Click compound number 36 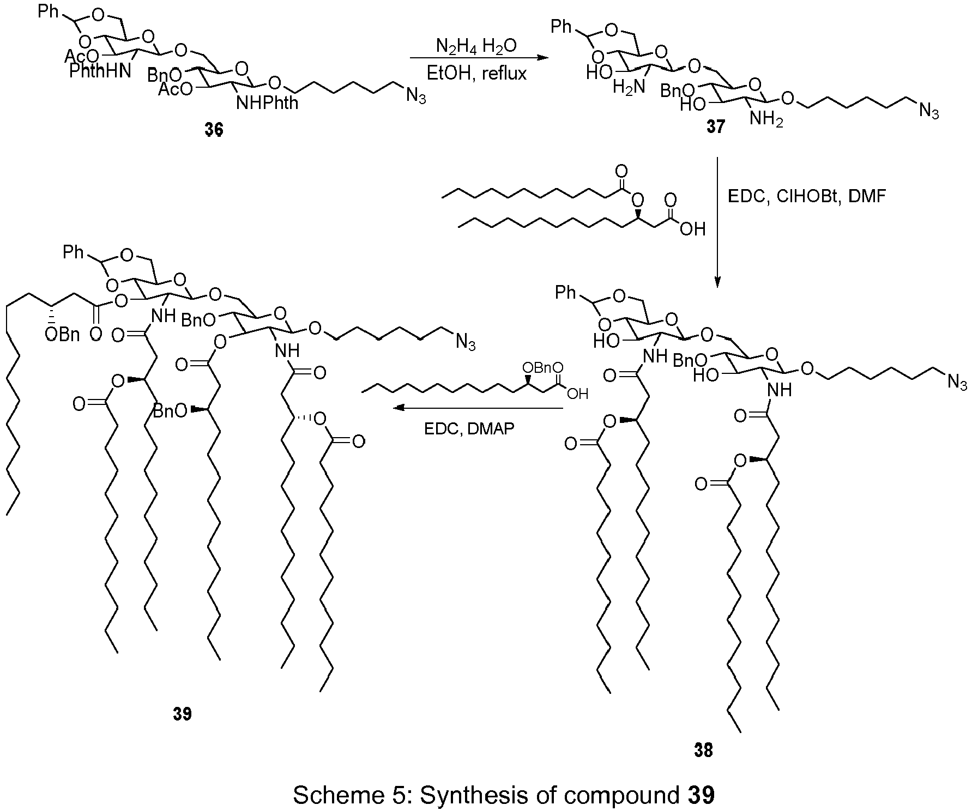[x=214, y=131]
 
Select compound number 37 [x=716, y=126]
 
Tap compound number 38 [x=703, y=751]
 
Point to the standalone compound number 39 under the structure [x=183, y=714]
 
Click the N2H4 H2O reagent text [x=476, y=47]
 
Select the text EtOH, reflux [x=477, y=72]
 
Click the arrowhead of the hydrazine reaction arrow [x=541, y=57]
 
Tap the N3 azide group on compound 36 [x=415, y=98]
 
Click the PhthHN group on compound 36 [x=100, y=71]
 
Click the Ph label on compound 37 [x=562, y=26]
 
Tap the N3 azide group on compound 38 [x=957, y=383]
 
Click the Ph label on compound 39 [x=74, y=252]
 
